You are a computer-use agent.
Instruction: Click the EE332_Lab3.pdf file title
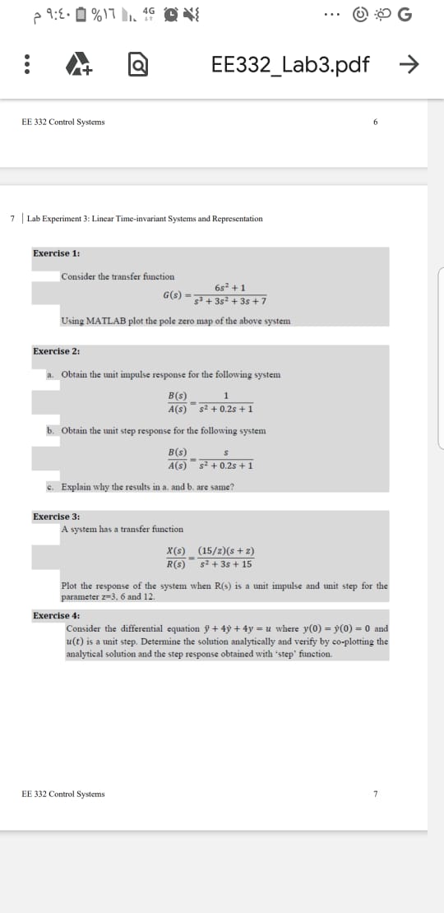pyautogui.click(x=290, y=63)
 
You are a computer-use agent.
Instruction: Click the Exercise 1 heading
pyautogui.click(x=56, y=253)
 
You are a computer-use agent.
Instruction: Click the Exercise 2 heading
pyautogui.click(x=56, y=351)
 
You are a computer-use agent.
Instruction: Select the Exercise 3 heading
pyautogui.click(x=56, y=517)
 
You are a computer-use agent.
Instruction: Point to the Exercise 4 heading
pyautogui.click(x=56, y=615)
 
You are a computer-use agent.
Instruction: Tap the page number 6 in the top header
pyautogui.click(x=374, y=122)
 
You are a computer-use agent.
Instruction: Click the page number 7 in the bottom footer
pyautogui.click(x=375, y=794)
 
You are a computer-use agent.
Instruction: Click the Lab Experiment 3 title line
pyautogui.click(x=145, y=219)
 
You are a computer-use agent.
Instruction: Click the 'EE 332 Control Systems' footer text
pyautogui.click(x=63, y=794)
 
